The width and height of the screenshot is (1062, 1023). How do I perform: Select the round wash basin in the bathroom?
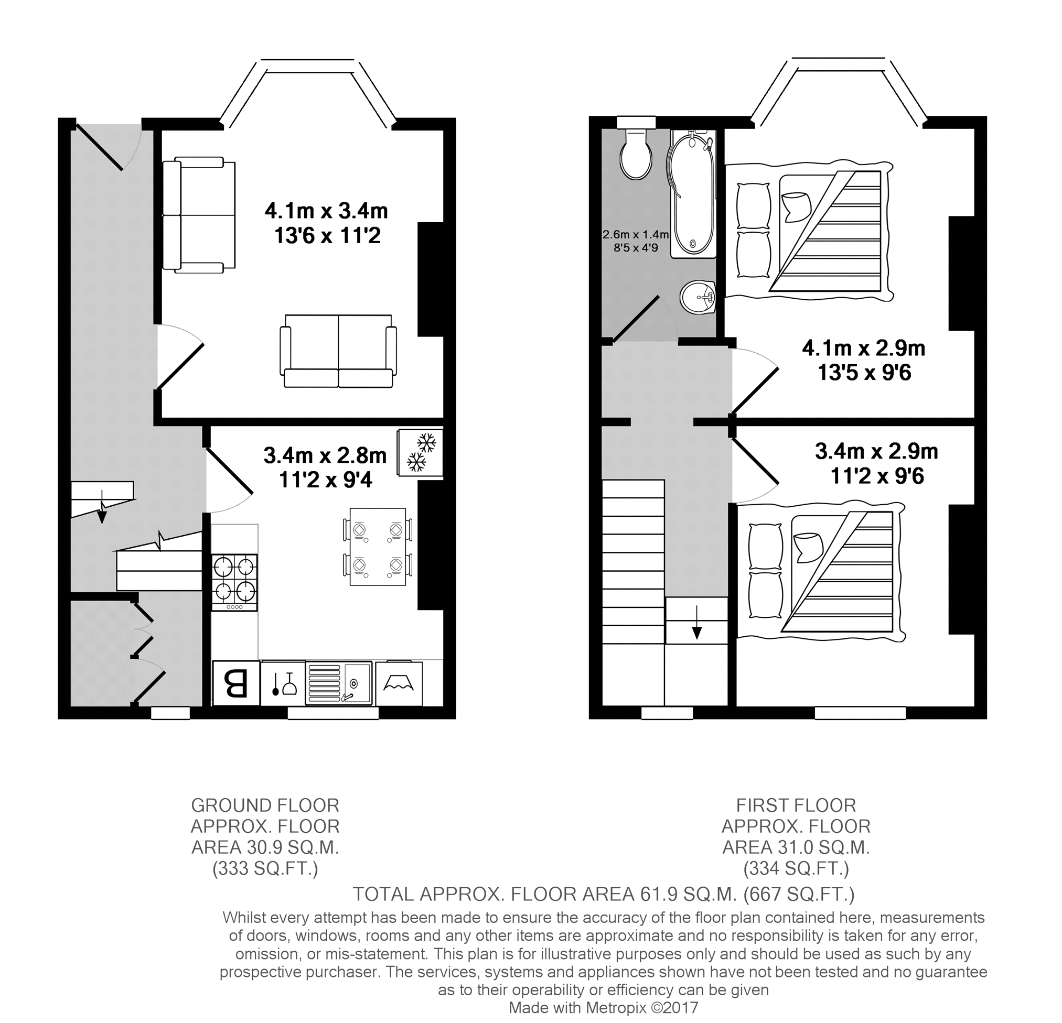tap(699, 297)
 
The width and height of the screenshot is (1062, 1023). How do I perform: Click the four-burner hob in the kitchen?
tap(234, 582)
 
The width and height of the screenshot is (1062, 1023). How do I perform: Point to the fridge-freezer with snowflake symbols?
tap(420, 453)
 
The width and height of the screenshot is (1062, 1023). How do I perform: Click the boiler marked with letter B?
tap(235, 683)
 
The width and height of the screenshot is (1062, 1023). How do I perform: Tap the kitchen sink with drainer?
tap(339, 683)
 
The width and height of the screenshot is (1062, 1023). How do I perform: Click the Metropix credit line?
tap(604, 1008)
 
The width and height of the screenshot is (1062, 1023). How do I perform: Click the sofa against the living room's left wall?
tap(199, 215)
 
